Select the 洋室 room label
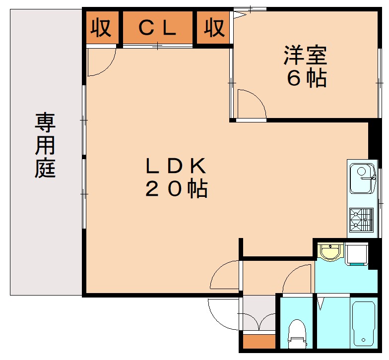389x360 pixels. click(x=306, y=55)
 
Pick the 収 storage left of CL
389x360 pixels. click(x=101, y=28)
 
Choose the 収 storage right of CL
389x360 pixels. click(x=214, y=28)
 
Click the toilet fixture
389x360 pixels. click(x=297, y=334)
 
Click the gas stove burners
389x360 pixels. click(x=361, y=220)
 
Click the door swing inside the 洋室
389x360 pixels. click(x=251, y=104)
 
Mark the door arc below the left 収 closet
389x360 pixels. click(x=101, y=62)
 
